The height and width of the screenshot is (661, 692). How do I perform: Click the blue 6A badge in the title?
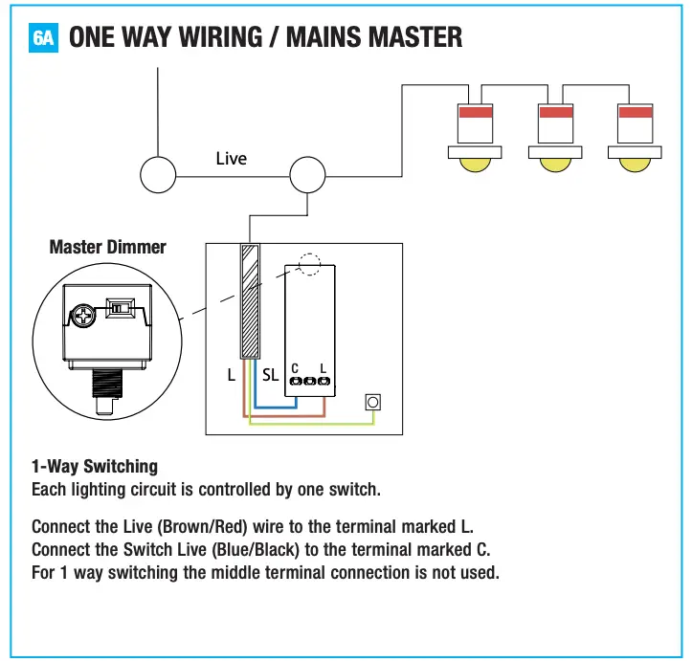point(44,37)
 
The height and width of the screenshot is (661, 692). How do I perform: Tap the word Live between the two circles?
point(231,159)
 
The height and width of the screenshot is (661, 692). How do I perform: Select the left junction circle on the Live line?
point(158,175)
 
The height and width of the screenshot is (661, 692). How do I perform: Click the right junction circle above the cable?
point(308,177)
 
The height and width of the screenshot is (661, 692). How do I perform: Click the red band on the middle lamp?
point(554,113)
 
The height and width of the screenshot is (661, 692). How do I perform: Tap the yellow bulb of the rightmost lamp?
point(633,164)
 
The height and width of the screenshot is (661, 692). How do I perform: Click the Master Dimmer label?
point(107,248)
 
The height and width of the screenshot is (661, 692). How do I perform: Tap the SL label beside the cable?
point(271,376)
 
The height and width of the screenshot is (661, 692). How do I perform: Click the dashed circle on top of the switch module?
point(308,265)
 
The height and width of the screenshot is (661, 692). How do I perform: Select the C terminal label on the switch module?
point(296,367)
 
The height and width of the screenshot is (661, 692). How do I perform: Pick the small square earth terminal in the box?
point(373,403)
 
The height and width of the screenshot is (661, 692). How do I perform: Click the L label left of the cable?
point(231,376)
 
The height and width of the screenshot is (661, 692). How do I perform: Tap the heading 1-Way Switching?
point(95,467)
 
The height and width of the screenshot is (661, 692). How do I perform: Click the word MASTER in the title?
point(403,37)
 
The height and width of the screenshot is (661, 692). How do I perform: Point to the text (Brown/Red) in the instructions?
point(207,527)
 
